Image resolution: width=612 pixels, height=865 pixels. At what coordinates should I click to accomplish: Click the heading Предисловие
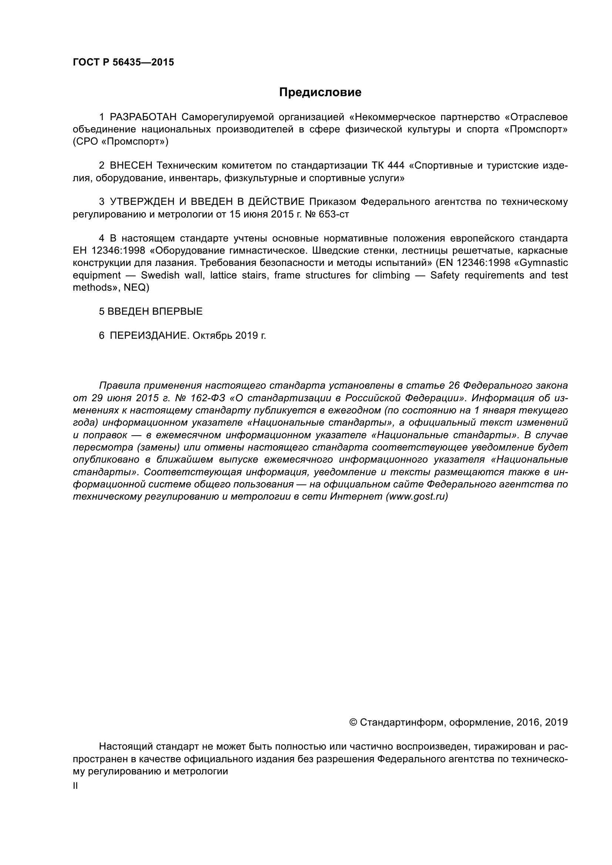(320, 92)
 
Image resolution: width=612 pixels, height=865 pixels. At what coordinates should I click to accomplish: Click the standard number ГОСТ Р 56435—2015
(123, 62)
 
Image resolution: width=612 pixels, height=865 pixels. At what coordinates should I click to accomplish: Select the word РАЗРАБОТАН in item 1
(143, 117)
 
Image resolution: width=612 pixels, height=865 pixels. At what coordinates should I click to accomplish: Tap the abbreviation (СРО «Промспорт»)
(121, 142)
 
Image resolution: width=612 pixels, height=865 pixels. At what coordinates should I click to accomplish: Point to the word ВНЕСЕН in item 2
(131, 166)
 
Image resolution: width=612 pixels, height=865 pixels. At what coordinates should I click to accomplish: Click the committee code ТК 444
(388, 166)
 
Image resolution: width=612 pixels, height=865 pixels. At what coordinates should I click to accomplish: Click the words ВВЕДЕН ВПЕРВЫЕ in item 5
(155, 311)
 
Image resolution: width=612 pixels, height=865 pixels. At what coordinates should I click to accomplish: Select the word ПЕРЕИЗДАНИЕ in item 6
(148, 336)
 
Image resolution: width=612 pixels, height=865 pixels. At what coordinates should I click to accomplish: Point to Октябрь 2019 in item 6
(229, 336)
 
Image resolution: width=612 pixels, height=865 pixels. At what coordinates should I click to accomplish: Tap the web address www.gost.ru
(417, 497)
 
